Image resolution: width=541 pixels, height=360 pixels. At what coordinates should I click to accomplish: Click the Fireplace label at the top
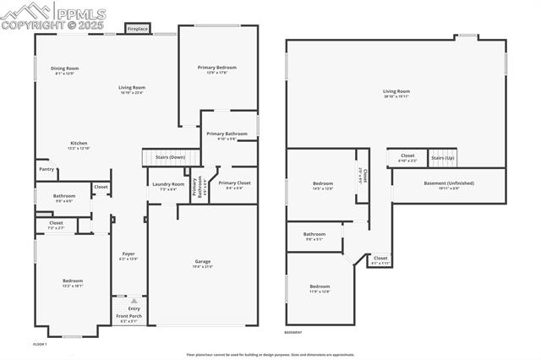(x=138, y=30)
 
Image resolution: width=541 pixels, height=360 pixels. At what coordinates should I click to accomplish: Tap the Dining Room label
(x=65, y=68)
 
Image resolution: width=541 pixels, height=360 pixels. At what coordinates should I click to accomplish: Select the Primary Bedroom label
(x=216, y=68)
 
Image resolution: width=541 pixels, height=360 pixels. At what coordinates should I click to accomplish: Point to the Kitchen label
(x=79, y=144)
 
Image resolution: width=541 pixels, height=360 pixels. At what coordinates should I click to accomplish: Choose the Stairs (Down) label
(x=170, y=157)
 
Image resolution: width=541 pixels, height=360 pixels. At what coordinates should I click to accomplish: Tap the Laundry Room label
(x=167, y=184)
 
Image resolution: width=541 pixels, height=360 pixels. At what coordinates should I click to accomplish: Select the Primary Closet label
(x=229, y=183)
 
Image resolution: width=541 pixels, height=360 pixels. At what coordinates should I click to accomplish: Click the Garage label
(x=203, y=262)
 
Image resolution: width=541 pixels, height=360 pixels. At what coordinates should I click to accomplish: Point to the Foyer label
(x=128, y=254)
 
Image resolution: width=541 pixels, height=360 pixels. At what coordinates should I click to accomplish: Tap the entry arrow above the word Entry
(x=133, y=301)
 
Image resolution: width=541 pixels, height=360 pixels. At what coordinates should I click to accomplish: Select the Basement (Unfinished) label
(x=449, y=183)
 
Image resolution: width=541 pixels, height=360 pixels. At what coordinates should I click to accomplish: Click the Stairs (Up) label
(x=443, y=157)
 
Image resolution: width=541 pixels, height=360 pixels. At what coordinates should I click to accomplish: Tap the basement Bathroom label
(x=314, y=234)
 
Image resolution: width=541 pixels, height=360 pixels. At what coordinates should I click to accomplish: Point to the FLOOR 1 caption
(x=40, y=345)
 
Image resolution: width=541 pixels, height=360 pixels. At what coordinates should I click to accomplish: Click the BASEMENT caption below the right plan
(x=293, y=333)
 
